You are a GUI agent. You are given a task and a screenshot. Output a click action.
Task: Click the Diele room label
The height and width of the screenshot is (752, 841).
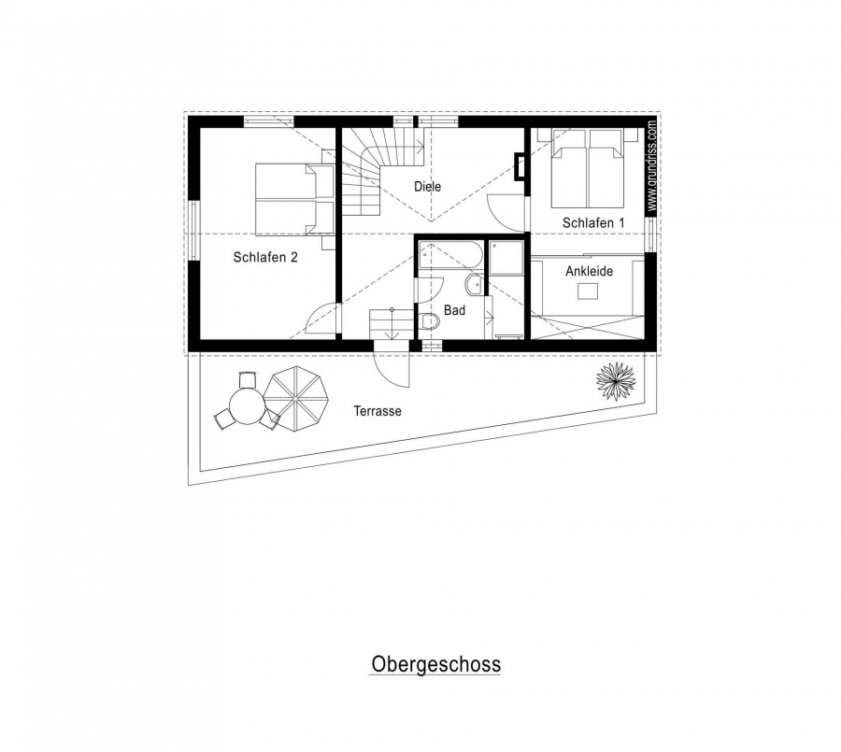(427, 187)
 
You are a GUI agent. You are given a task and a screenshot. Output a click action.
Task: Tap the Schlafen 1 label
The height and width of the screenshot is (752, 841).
(593, 222)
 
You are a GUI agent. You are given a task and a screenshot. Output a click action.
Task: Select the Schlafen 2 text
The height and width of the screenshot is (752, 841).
(265, 258)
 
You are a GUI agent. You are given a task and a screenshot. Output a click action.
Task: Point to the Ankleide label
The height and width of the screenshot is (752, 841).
(589, 272)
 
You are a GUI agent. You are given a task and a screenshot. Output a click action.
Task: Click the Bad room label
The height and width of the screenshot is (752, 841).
(454, 310)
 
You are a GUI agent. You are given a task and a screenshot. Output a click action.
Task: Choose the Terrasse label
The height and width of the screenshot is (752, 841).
(378, 411)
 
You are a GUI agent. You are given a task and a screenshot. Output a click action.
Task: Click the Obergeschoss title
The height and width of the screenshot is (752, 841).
(435, 664)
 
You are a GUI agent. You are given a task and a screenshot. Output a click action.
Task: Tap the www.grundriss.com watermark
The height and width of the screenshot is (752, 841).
(651, 167)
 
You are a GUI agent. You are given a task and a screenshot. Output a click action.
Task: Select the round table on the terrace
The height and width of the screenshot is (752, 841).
(247, 406)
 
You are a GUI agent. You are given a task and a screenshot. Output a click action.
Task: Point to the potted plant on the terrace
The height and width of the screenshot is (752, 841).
(617, 381)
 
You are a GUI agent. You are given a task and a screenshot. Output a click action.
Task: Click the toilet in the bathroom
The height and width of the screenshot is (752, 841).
(430, 321)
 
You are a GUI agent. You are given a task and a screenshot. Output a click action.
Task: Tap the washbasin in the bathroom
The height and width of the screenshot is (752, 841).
(475, 285)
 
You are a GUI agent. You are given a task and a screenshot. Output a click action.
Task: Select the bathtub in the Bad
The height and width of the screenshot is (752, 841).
(450, 254)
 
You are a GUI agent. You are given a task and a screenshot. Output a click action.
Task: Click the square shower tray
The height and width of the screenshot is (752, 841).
(506, 258)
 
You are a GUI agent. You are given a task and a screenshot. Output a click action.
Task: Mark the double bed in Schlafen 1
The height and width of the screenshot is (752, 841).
(589, 168)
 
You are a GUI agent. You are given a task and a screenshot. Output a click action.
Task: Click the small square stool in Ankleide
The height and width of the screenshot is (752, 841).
(588, 291)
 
